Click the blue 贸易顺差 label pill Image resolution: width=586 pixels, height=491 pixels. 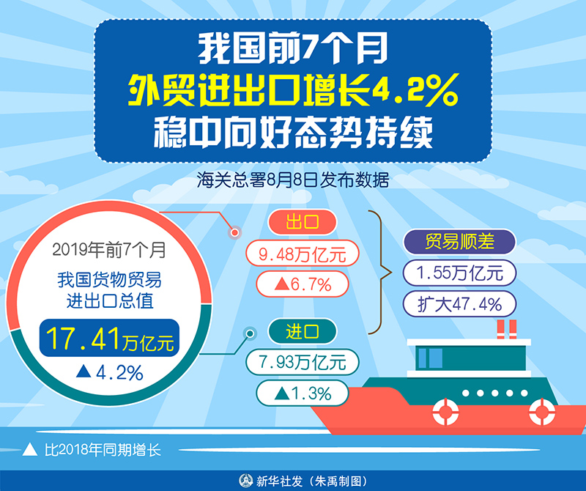pos(459,243)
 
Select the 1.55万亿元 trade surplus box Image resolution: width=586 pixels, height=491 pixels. pos(459,273)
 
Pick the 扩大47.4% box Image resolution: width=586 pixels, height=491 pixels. pos(459,303)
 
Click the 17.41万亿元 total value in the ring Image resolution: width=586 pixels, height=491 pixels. pos(110,339)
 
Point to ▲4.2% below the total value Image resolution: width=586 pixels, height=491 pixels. pos(110,372)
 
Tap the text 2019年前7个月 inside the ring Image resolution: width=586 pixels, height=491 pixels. pos(109,250)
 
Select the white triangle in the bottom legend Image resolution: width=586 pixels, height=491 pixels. pos(29,448)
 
